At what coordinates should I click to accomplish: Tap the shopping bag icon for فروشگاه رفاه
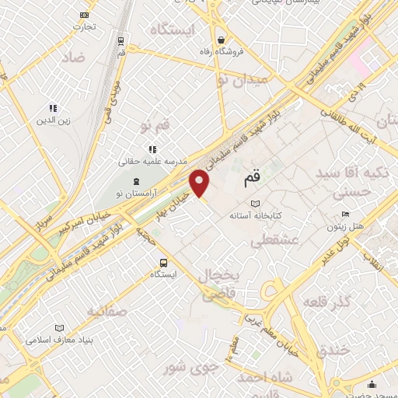(x=222, y=40)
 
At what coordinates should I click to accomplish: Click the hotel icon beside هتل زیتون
(x=345, y=214)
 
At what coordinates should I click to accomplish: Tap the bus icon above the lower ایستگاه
(x=163, y=263)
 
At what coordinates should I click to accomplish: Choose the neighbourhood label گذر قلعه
(x=326, y=301)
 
